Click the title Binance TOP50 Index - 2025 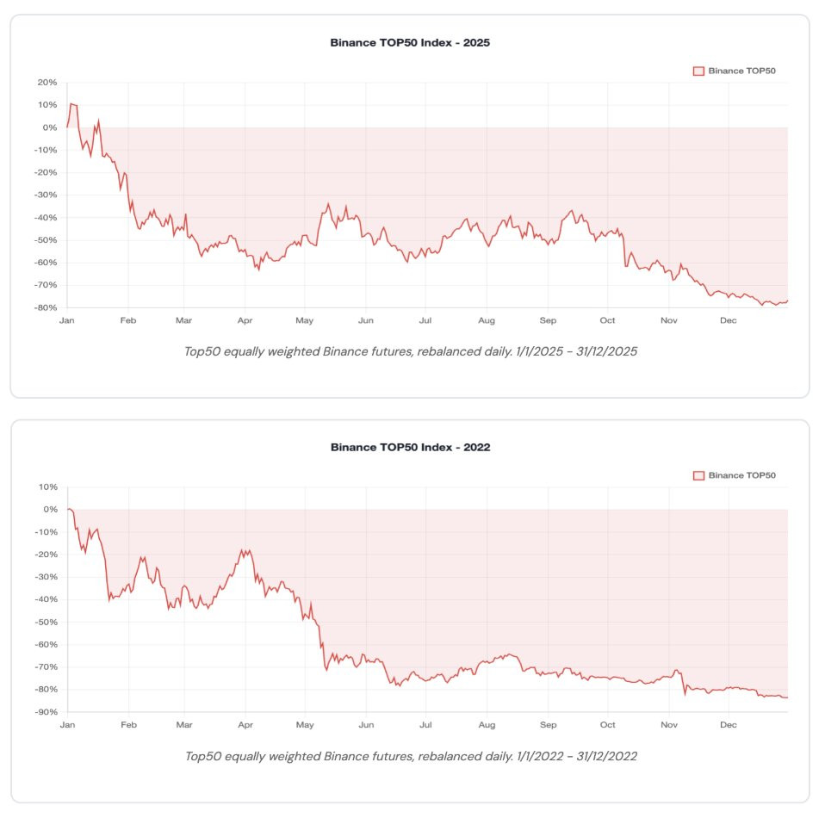tap(410, 42)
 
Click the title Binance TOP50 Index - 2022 tap(410, 447)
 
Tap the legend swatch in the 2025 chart tap(698, 71)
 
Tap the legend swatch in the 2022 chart tap(698, 475)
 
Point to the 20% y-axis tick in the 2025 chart tap(47, 83)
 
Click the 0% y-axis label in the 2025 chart tap(49, 127)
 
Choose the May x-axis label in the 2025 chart tap(304, 321)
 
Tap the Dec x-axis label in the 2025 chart tap(728, 321)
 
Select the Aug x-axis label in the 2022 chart tap(487, 726)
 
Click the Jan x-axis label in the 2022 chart tap(67, 726)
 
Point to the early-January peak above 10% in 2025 tap(71, 103)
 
